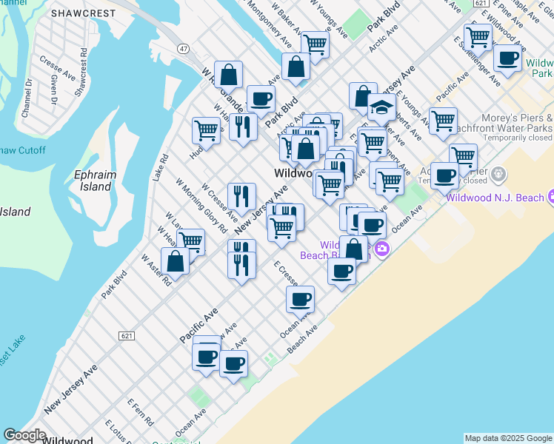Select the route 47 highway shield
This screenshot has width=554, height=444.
click(x=183, y=47)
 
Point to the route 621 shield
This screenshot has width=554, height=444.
click(x=127, y=335)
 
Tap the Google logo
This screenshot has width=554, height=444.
click(x=24, y=435)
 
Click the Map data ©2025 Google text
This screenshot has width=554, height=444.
click(x=508, y=438)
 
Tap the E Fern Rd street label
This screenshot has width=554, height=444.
click(x=139, y=411)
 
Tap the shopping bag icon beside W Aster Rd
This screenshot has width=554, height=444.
click(x=176, y=261)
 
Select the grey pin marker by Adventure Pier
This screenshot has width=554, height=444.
click(x=498, y=175)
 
